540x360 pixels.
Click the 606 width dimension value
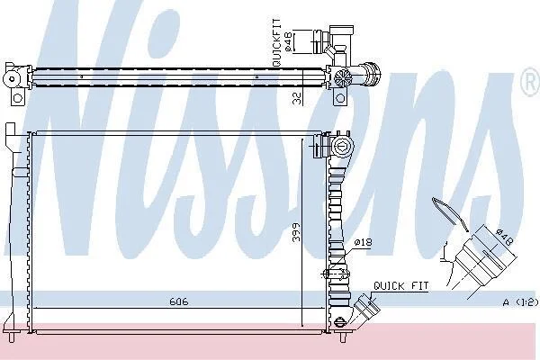179,301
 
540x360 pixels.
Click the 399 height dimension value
296,232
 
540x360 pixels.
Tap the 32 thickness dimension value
297,98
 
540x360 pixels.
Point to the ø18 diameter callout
363,242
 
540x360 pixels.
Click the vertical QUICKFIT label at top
276,42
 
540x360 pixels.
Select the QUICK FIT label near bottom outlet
401,285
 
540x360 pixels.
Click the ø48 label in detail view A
505,237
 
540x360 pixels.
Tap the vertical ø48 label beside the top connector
289,41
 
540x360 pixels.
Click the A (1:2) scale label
520,302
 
